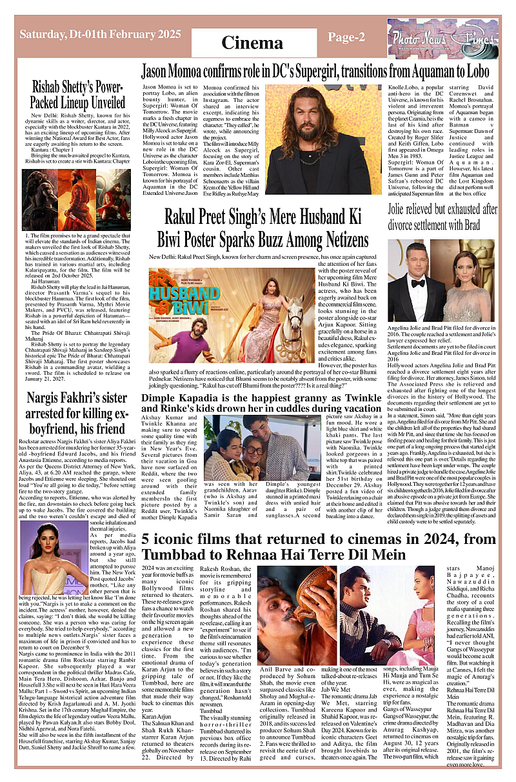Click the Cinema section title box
tap(252, 43)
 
